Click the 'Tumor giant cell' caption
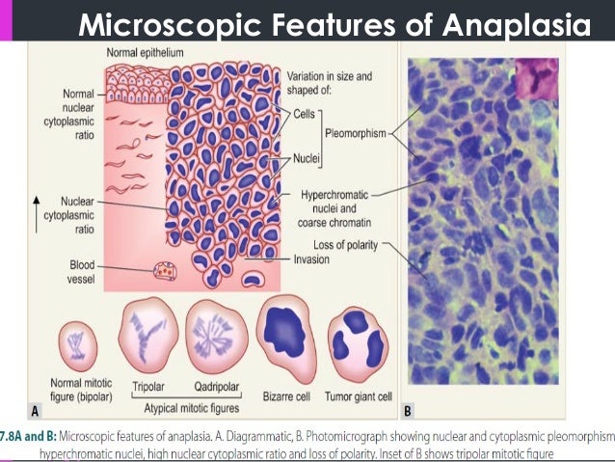click(358, 394)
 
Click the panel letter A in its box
click(36, 409)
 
